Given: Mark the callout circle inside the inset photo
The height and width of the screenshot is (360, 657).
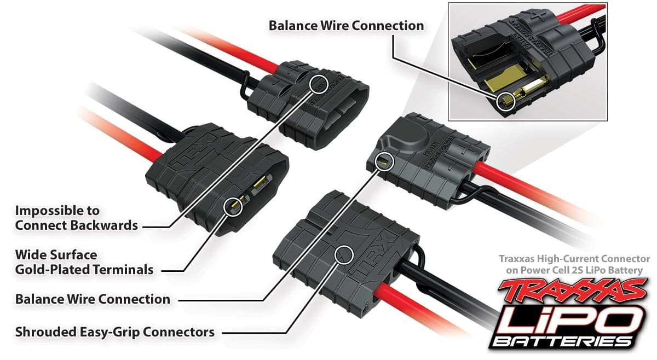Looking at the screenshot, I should (x=507, y=101).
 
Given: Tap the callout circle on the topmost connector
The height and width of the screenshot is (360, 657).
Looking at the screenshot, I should (x=319, y=84).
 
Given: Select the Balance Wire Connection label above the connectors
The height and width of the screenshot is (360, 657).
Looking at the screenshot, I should (x=346, y=26).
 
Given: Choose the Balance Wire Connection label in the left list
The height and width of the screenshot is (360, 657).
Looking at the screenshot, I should (x=93, y=299).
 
